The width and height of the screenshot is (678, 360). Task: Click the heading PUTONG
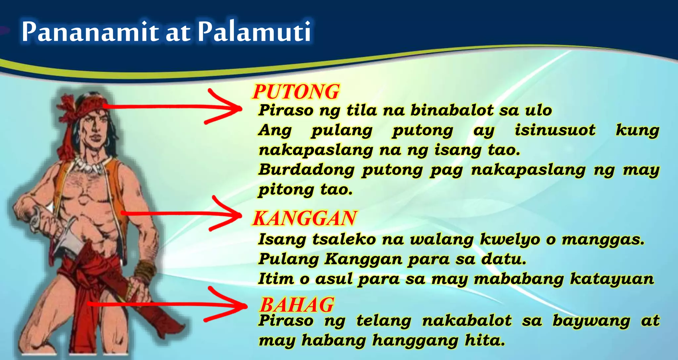296,92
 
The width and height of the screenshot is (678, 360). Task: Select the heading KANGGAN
304,218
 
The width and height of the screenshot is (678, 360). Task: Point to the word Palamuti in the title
254,31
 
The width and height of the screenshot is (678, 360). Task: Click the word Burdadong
306,170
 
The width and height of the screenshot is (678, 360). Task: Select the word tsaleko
344,239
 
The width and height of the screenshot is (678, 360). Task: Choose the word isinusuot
555,130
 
